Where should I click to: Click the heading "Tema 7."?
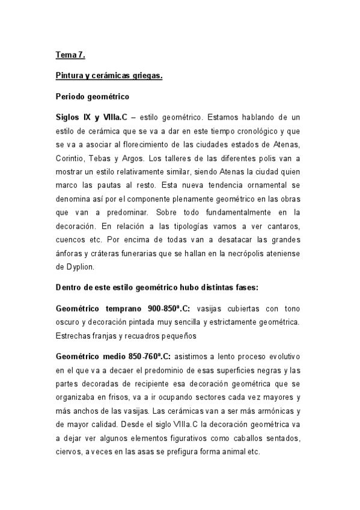click(71, 55)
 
